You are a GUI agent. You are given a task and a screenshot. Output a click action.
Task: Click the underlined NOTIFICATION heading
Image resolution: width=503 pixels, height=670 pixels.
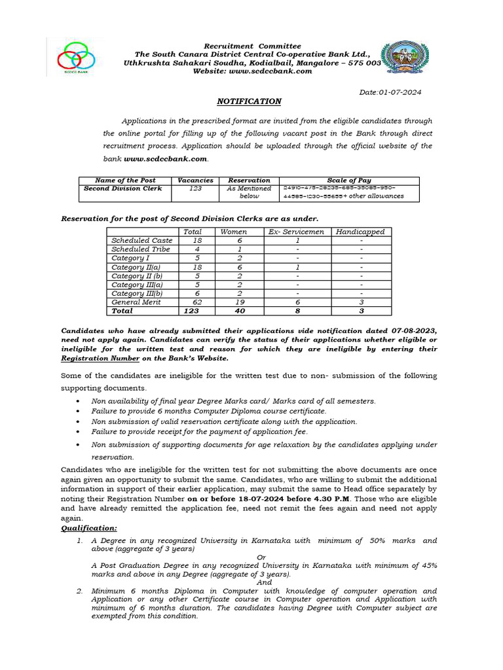pyautogui.click(x=249, y=101)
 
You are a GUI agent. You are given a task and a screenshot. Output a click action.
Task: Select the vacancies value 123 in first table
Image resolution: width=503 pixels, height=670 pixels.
pyautogui.click(x=195, y=188)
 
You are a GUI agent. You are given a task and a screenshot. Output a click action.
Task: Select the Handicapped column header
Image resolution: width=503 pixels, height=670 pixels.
pyautogui.click(x=360, y=232)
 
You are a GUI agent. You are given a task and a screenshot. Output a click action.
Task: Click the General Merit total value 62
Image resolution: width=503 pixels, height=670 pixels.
pyautogui.click(x=192, y=302)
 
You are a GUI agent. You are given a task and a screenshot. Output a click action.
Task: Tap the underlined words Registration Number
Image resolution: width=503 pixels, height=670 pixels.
pyautogui.click(x=100, y=359)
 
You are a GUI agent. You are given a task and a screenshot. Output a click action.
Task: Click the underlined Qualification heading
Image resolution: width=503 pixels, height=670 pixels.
pyautogui.click(x=89, y=527)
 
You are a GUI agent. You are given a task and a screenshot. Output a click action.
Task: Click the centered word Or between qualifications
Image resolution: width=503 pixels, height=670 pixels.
pyautogui.click(x=261, y=557)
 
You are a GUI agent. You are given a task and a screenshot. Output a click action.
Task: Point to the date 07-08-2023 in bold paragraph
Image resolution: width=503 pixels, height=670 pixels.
pyautogui.click(x=413, y=331)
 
